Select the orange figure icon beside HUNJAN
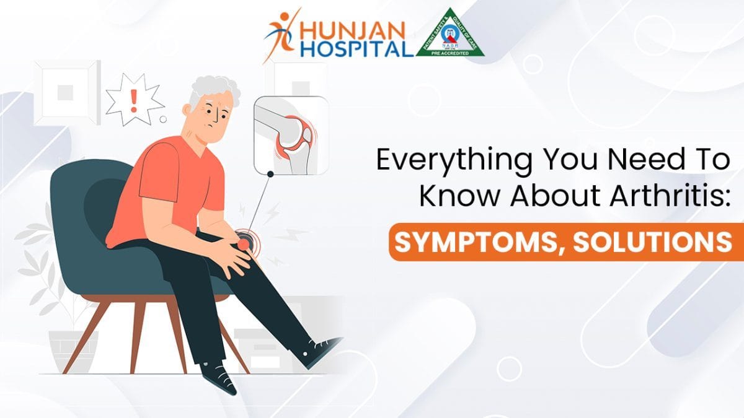(283, 34)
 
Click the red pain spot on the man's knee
(244, 245)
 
